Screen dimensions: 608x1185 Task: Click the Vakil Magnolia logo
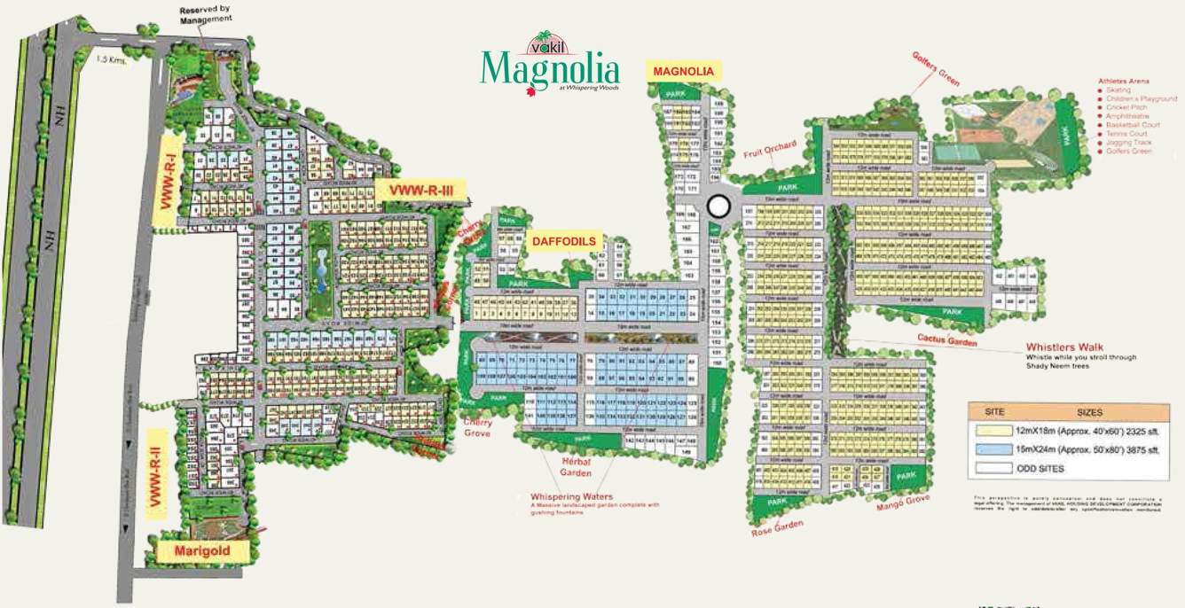(549, 65)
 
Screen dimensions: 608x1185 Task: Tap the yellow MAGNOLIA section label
(684, 70)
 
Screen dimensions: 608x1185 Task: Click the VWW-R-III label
(420, 189)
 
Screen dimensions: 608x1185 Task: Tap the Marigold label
(201, 550)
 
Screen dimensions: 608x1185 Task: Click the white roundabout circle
(718, 207)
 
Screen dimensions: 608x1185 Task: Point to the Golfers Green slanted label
(936, 68)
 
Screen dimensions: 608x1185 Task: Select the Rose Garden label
(777, 529)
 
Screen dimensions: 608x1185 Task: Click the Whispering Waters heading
(571, 496)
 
